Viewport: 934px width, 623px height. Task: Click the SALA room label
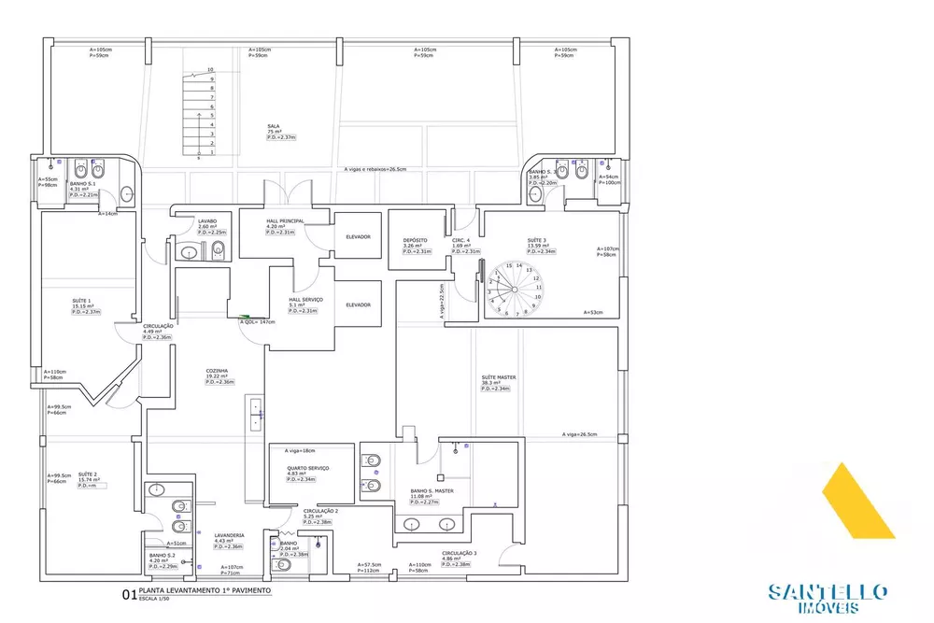coord(274,125)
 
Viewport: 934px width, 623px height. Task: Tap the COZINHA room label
coord(218,371)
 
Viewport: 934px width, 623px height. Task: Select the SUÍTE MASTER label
coord(499,377)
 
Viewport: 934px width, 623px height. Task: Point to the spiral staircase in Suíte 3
coord(512,290)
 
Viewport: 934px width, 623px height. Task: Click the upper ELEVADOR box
coord(358,236)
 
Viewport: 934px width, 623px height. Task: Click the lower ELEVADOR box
coord(358,304)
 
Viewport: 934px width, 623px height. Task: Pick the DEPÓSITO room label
coord(415,240)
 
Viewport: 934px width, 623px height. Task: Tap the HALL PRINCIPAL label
coord(285,221)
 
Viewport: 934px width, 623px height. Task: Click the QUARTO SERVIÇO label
coord(307,468)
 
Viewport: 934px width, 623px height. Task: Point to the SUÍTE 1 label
coord(81,302)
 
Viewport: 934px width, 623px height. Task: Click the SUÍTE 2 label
coord(89,474)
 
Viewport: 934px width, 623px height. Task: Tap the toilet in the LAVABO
coord(188,250)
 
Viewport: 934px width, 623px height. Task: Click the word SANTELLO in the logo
coord(827,591)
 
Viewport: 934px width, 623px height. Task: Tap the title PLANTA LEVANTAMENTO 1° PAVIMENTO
coord(205,591)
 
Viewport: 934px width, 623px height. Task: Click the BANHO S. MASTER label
coord(432,490)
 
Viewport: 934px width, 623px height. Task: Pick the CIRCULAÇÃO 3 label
coord(459,553)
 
